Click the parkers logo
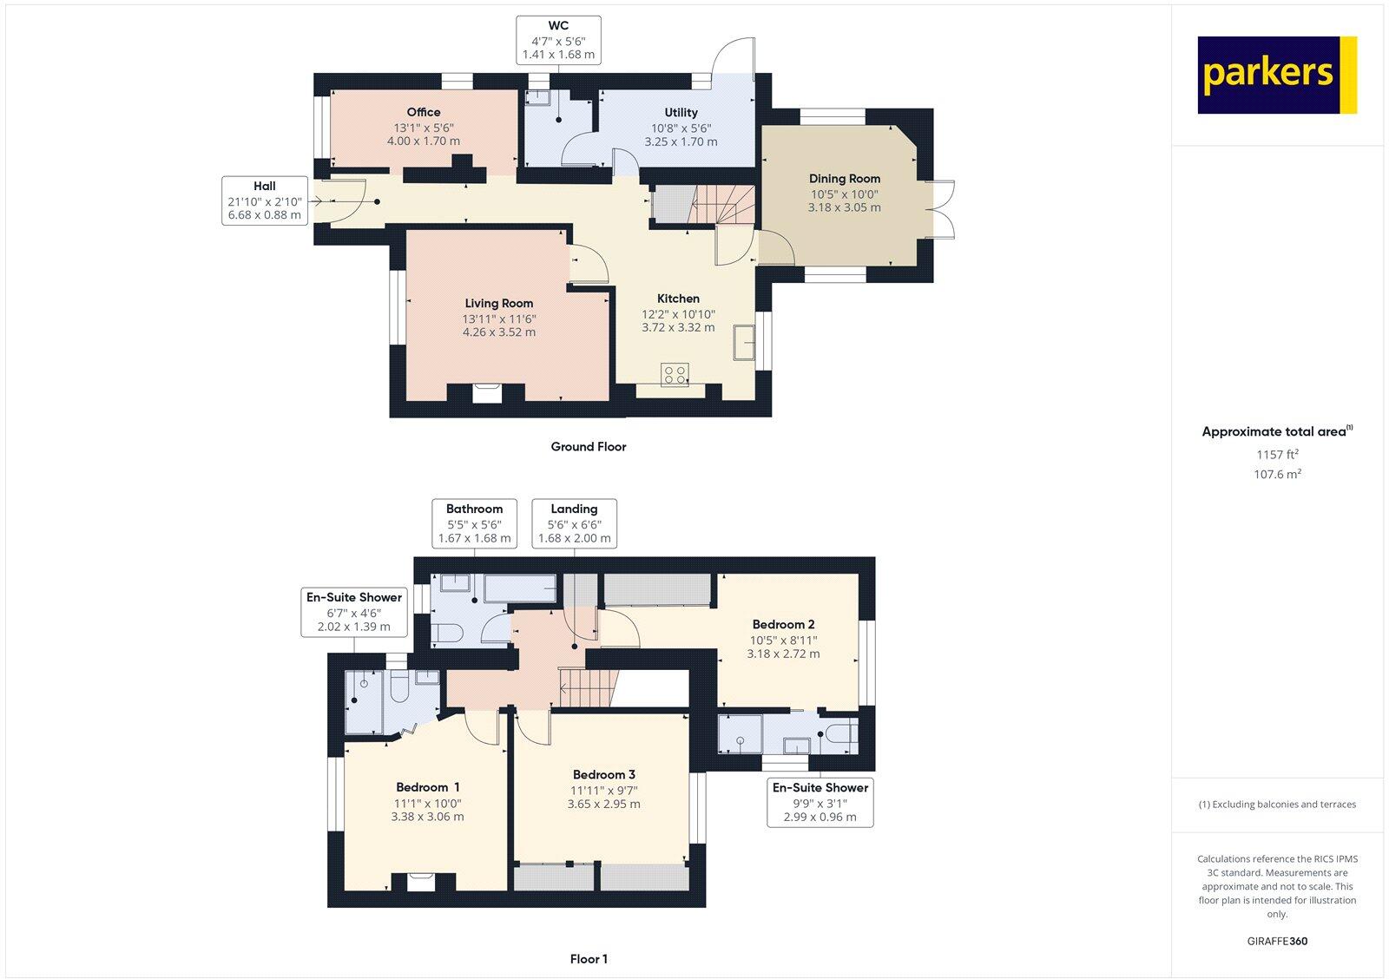[1276, 75]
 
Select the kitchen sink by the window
[743, 341]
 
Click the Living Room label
[498, 303]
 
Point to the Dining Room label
[844, 179]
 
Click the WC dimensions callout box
[558, 40]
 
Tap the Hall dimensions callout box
[265, 200]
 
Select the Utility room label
[681, 113]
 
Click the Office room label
[423, 112]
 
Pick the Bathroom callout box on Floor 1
[474, 523]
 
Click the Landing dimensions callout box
[574, 523]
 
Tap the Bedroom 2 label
[783, 624]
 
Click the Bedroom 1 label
[427, 787]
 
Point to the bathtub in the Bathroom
[518, 589]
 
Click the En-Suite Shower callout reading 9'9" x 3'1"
[820, 802]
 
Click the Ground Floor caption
[588, 447]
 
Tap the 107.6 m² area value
[1276, 474]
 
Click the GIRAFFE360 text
[1276, 941]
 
